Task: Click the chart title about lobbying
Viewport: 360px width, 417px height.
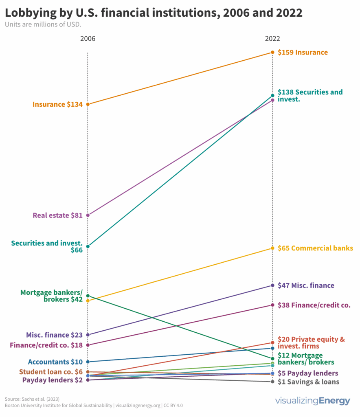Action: (154, 13)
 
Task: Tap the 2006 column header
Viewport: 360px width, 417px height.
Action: (88, 39)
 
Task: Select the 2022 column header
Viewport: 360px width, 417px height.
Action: (272, 39)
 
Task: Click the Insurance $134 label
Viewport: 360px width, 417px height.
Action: (57, 104)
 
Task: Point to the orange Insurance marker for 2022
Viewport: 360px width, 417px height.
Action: (272, 52)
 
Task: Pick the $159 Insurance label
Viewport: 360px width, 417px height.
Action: (303, 52)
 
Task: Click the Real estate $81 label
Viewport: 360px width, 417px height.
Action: (57, 215)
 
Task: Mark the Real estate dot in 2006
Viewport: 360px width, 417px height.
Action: (88, 215)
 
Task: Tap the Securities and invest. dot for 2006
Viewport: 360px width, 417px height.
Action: (88, 246)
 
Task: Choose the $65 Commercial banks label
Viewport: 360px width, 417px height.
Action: (315, 248)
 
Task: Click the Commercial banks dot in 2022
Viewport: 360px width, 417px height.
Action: (272, 248)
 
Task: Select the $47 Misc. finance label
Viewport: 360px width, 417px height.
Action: (306, 285)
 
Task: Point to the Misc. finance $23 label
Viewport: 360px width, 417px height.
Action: (55, 335)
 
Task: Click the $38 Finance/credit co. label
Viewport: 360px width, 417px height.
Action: (314, 305)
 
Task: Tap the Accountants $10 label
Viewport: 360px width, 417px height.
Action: (55, 362)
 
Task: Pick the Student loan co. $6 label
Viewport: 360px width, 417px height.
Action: (51, 372)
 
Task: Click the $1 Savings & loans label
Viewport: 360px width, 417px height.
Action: (308, 382)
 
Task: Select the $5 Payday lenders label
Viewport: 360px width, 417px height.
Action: (308, 373)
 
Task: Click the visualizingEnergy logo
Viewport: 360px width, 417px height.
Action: (312, 401)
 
